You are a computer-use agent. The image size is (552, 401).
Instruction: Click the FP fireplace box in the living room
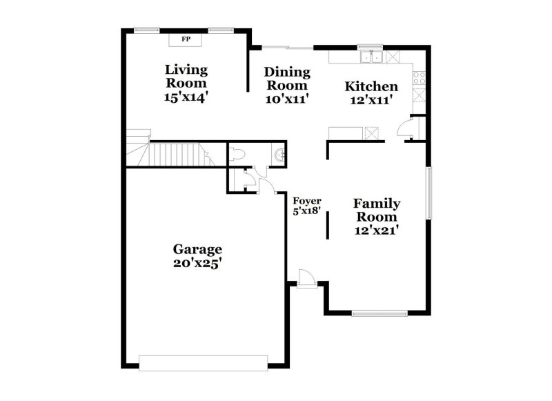coord(186,39)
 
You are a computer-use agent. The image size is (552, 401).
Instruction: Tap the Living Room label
coord(186,83)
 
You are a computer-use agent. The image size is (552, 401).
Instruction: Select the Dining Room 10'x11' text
coord(287,85)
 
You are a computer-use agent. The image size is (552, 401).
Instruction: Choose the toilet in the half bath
coord(236,155)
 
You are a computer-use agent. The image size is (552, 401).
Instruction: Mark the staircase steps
coord(176,154)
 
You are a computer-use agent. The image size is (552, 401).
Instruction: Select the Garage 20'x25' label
coord(197,255)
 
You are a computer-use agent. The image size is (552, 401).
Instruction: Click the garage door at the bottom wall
coord(203,362)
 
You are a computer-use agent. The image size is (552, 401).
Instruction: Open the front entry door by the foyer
coord(305,278)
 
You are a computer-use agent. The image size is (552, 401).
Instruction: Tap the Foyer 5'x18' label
coord(307,206)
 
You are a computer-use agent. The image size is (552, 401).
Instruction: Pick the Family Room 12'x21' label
coord(376,216)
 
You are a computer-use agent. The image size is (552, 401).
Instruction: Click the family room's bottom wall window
coord(379,313)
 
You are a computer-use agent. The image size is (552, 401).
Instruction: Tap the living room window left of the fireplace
coord(146,30)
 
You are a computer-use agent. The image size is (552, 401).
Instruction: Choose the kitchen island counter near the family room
coord(354,133)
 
